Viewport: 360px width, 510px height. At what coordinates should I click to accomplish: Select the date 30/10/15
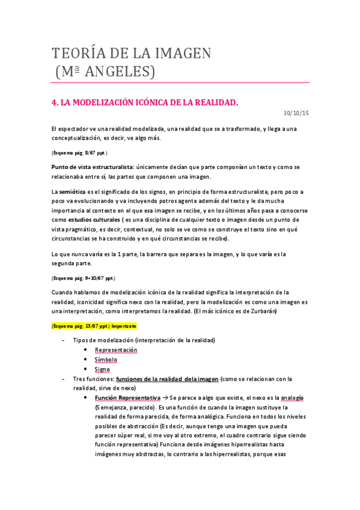click(296, 112)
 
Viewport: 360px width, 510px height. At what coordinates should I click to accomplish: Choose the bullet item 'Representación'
click(116, 350)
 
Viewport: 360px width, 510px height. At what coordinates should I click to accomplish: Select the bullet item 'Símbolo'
click(106, 360)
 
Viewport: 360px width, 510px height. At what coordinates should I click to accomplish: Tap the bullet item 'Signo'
click(102, 369)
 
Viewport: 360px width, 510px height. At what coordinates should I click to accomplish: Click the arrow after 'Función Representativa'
click(166, 398)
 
